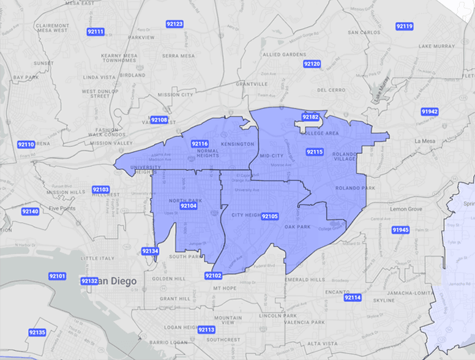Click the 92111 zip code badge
[95, 31]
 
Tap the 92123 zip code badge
[174, 24]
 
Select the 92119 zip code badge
[404, 26]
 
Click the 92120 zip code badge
[312, 64]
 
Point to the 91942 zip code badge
[430, 111]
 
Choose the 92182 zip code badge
[310, 117]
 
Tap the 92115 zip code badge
[315, 151]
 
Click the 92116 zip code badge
[200, 144]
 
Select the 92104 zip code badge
[188, 206]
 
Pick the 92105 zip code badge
[269, 216]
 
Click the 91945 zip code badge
[400, 230]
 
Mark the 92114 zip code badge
[353, 298]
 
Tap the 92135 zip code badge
[37, 332]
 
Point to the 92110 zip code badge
[26, 144]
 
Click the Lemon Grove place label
[406, 209]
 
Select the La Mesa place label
[424, 141]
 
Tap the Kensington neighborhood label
[237, 144]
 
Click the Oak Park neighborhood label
[297, 227]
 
